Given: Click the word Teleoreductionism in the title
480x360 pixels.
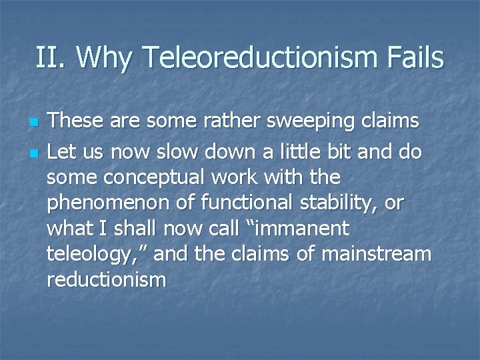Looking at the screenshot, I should click(x=257, y=58).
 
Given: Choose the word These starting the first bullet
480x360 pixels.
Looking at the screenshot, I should click(x=75, y=121).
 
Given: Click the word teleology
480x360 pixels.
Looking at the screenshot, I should click(x=87, y=255).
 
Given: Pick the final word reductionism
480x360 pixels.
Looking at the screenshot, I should click(x=105, y=279).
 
